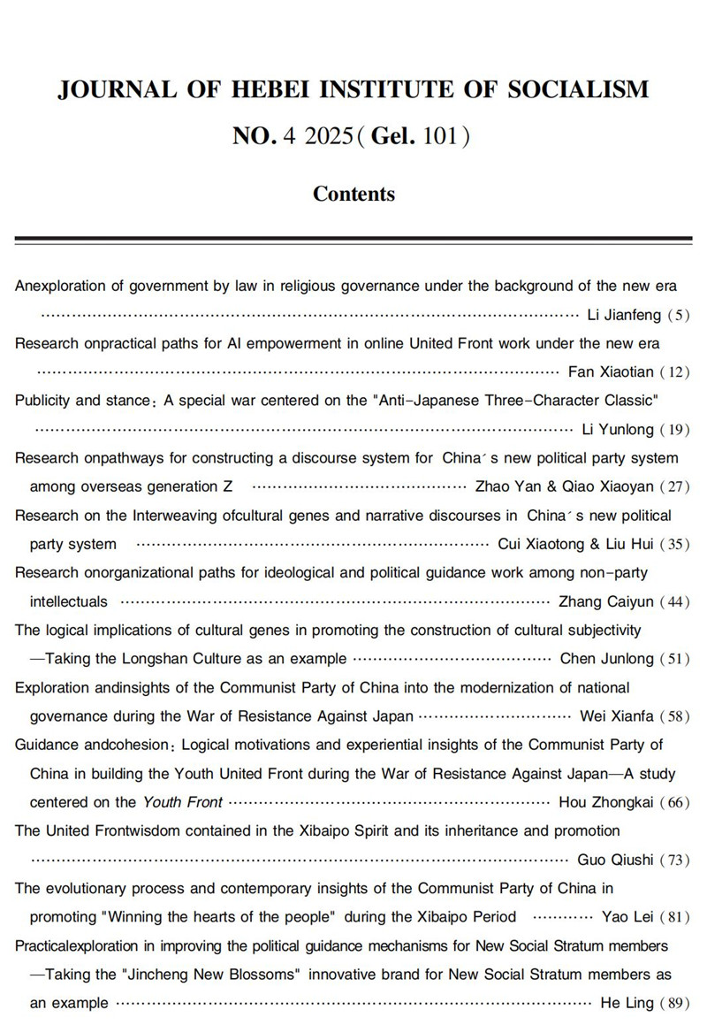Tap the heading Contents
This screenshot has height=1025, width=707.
coord(353,194)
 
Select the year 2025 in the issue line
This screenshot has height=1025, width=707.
coord(326,136)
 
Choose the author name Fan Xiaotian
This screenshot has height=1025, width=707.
coord(604,372)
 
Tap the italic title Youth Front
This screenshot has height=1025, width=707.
coord(183,802)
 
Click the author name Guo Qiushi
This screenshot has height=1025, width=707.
coord(616,860)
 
